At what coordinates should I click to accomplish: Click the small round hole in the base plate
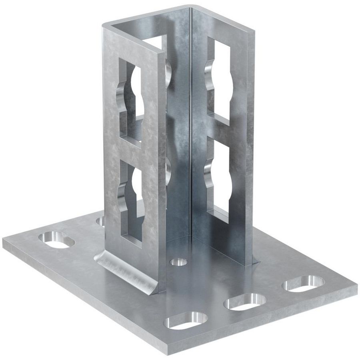point(179,262)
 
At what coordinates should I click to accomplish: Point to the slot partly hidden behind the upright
point(100,220)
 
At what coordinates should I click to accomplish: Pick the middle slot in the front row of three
point(245,301)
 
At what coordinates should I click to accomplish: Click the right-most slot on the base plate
point(304,284)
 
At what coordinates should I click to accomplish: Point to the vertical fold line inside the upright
point(190,120)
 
